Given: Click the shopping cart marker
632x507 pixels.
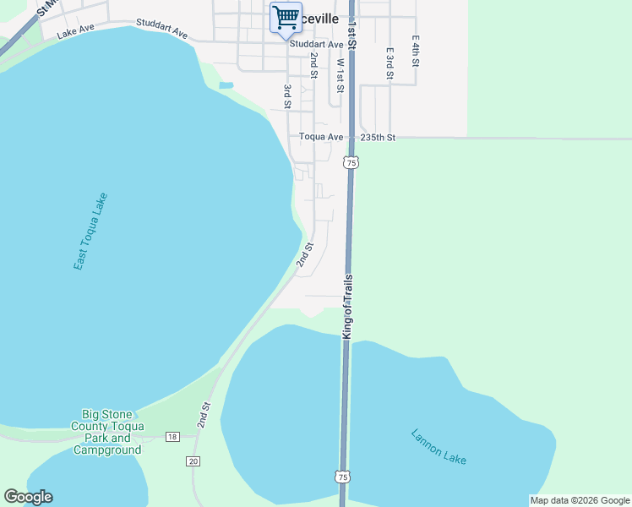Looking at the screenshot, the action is pyautogui.click(x=285, y=18).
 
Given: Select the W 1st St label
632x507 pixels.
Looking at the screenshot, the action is pyautogui.click(x=341, y=75).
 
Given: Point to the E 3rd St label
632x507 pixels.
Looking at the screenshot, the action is pyautogui.click(x=390, y=63).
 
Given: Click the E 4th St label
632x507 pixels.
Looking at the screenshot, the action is pyautogui.click(x=416, y=52).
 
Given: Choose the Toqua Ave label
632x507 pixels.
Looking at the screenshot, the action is pyautogui.click(x=321, y=137).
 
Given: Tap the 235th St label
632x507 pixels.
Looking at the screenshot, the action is pyautogui.click(x=378, y=137).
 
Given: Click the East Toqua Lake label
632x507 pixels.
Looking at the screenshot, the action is pyautogui.click(x=90, y=232).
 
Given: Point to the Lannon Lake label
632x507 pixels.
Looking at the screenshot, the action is pyautogui.click(x=439, y=447).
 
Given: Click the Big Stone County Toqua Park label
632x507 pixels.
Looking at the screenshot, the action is pyautogui.click(x=107, y=432).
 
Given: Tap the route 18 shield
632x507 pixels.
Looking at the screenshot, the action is pyautogui.click(x=172, y=437).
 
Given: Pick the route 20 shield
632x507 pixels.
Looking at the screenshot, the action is pyautogui.click(x=193, y=461).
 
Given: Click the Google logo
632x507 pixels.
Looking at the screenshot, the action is pyautogui.click(x=28, y=497).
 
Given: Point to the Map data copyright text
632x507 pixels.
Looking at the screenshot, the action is pyautogui.click(x=580, y=500).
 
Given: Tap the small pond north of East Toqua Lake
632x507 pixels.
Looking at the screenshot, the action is pyautogui.click(x=226, y=85).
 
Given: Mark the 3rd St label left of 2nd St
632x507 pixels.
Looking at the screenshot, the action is pyautogui.click(x=288, y=96).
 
